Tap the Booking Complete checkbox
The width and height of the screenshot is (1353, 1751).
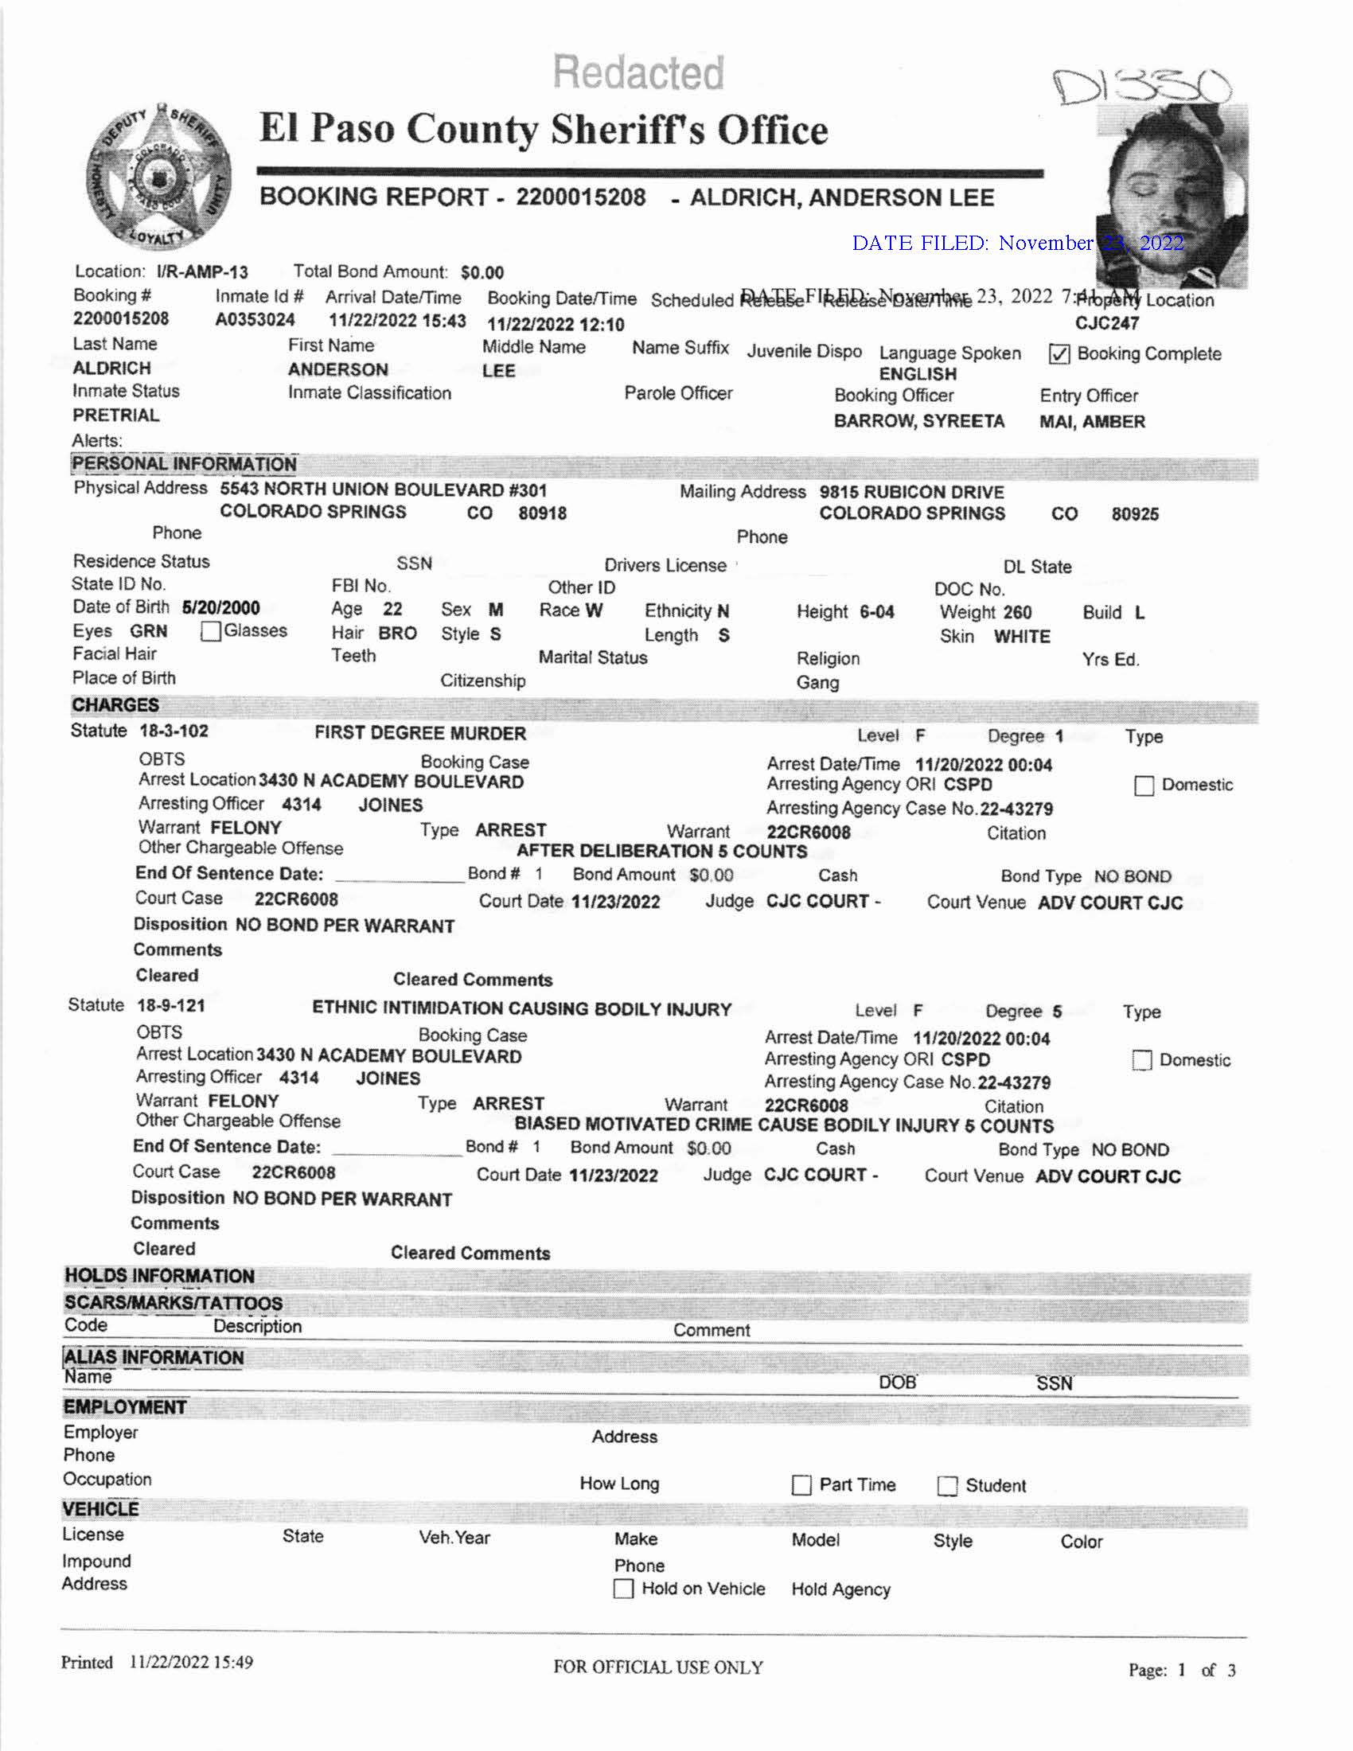click(1059, 354)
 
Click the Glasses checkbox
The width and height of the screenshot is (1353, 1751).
click(211, 632)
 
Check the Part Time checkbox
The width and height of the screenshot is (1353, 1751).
click(801, 1486)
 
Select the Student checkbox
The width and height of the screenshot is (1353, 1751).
click(947, 1487)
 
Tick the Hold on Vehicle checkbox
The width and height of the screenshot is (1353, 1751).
click(623, 1589)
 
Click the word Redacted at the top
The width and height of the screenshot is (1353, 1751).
click(638, 72)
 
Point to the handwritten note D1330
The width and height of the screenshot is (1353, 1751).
click(1140, 87)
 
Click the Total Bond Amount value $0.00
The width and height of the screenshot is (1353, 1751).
click(482, 272)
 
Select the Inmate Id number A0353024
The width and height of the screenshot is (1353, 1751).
click(255, 320)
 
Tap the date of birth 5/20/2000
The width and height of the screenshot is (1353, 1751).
click(220, 608)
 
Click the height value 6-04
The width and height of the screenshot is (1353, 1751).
click(877, 613)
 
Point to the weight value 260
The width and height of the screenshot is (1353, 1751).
click(1017, 613)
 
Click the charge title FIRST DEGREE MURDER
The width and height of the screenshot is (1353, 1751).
click(420, 733)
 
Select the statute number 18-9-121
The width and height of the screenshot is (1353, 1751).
click(171, 1005)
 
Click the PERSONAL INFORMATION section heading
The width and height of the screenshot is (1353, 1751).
click(185, 464)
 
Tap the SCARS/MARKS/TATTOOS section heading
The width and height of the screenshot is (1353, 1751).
click(174, 1303)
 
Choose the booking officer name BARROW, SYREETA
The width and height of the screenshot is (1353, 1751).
click(918, 422)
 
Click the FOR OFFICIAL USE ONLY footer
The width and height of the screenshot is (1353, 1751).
click(658, 1667)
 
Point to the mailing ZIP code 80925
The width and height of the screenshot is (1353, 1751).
click(1134, 514)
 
